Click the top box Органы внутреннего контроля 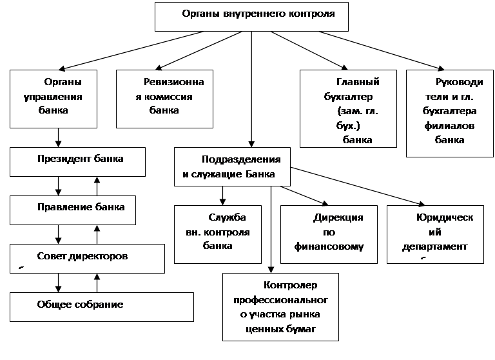251,17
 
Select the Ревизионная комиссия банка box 164,99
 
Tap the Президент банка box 77,162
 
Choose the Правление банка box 73,210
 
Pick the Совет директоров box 87,259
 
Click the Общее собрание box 102,307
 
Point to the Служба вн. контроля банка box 218,235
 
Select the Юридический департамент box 435,235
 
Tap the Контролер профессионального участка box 280,307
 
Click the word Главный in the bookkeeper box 358,82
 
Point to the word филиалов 449,126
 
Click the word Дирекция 338,217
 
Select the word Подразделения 241,159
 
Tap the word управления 53,97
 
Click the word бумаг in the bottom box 301,329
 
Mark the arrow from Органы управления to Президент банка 58,137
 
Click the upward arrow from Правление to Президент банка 97,186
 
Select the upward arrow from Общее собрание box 97,283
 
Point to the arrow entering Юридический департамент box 357,186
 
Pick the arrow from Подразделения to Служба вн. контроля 222,195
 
